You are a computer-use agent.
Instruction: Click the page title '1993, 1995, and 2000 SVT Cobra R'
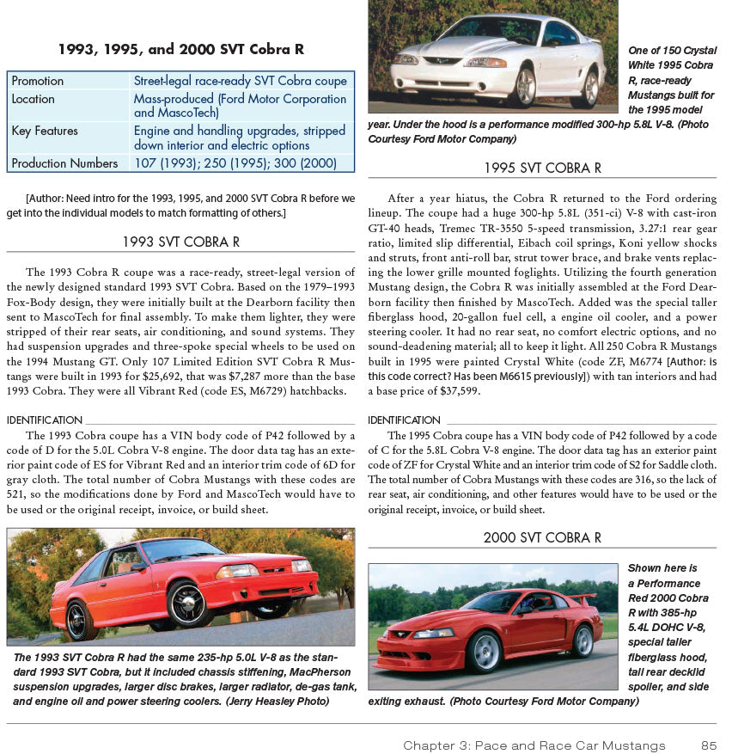(x=180, y=50)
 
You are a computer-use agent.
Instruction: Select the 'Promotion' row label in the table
(x=38, y=81)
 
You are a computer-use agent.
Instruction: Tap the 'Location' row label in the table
(x=34, y=99)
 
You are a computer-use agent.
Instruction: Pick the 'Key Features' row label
(x=45, y=131)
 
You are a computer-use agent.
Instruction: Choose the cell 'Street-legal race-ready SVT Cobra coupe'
(x=241, y=81)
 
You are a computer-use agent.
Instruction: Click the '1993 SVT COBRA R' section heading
(x=180, y=242)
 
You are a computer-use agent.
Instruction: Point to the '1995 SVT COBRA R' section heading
(x=542, y=168)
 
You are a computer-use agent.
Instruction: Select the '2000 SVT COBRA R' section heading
(x=542, y=537)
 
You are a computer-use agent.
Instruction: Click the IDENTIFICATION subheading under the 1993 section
(x=45, y=420)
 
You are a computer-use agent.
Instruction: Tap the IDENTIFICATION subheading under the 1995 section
(x=404, y=420)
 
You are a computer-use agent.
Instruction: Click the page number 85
(x=708, y=745)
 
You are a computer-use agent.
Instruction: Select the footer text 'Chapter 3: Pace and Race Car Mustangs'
(x=534, y=745)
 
